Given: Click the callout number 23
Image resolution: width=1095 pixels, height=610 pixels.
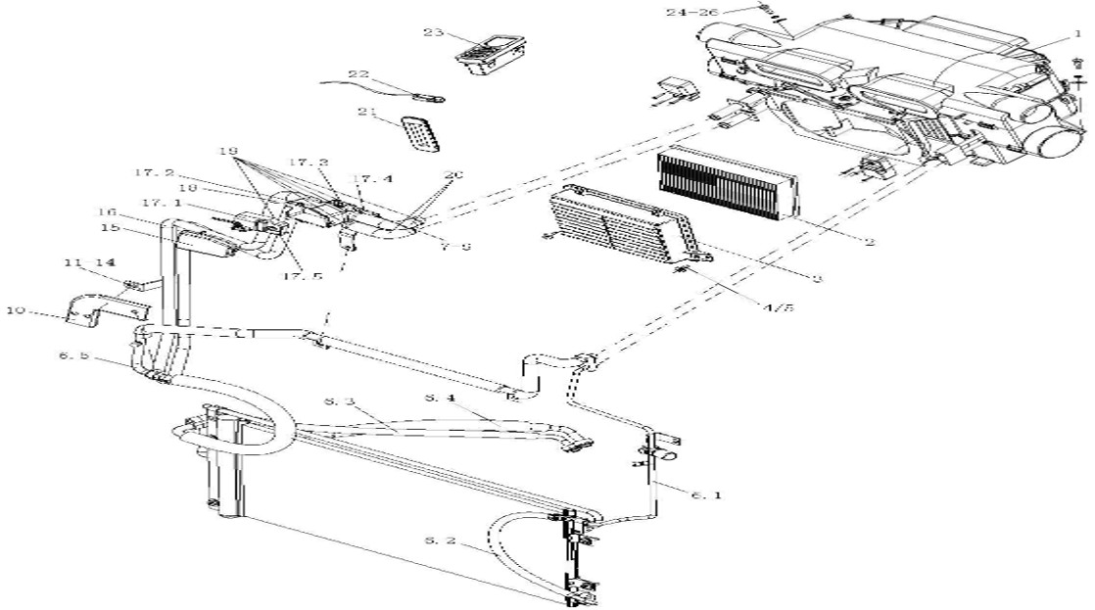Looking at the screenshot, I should click(435, 32).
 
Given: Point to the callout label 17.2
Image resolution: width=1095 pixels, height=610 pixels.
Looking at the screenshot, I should click(156, 173).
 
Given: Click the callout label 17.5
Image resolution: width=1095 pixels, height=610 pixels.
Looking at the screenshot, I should click(303, 276).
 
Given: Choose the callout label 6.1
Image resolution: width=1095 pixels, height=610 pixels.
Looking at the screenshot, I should click(704, 495).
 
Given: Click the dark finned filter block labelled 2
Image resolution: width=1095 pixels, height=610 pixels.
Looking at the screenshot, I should click(728, 186).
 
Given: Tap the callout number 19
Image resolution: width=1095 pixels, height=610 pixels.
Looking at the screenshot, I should click(229, 153).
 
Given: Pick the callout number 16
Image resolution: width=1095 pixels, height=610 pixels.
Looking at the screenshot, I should click(107, 211).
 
